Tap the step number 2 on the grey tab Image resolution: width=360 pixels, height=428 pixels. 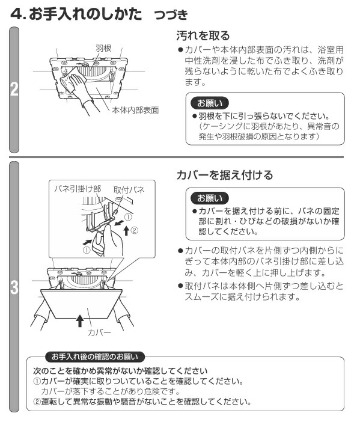coord(14,90)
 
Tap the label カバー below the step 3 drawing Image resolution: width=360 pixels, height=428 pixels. coord(99,332)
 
